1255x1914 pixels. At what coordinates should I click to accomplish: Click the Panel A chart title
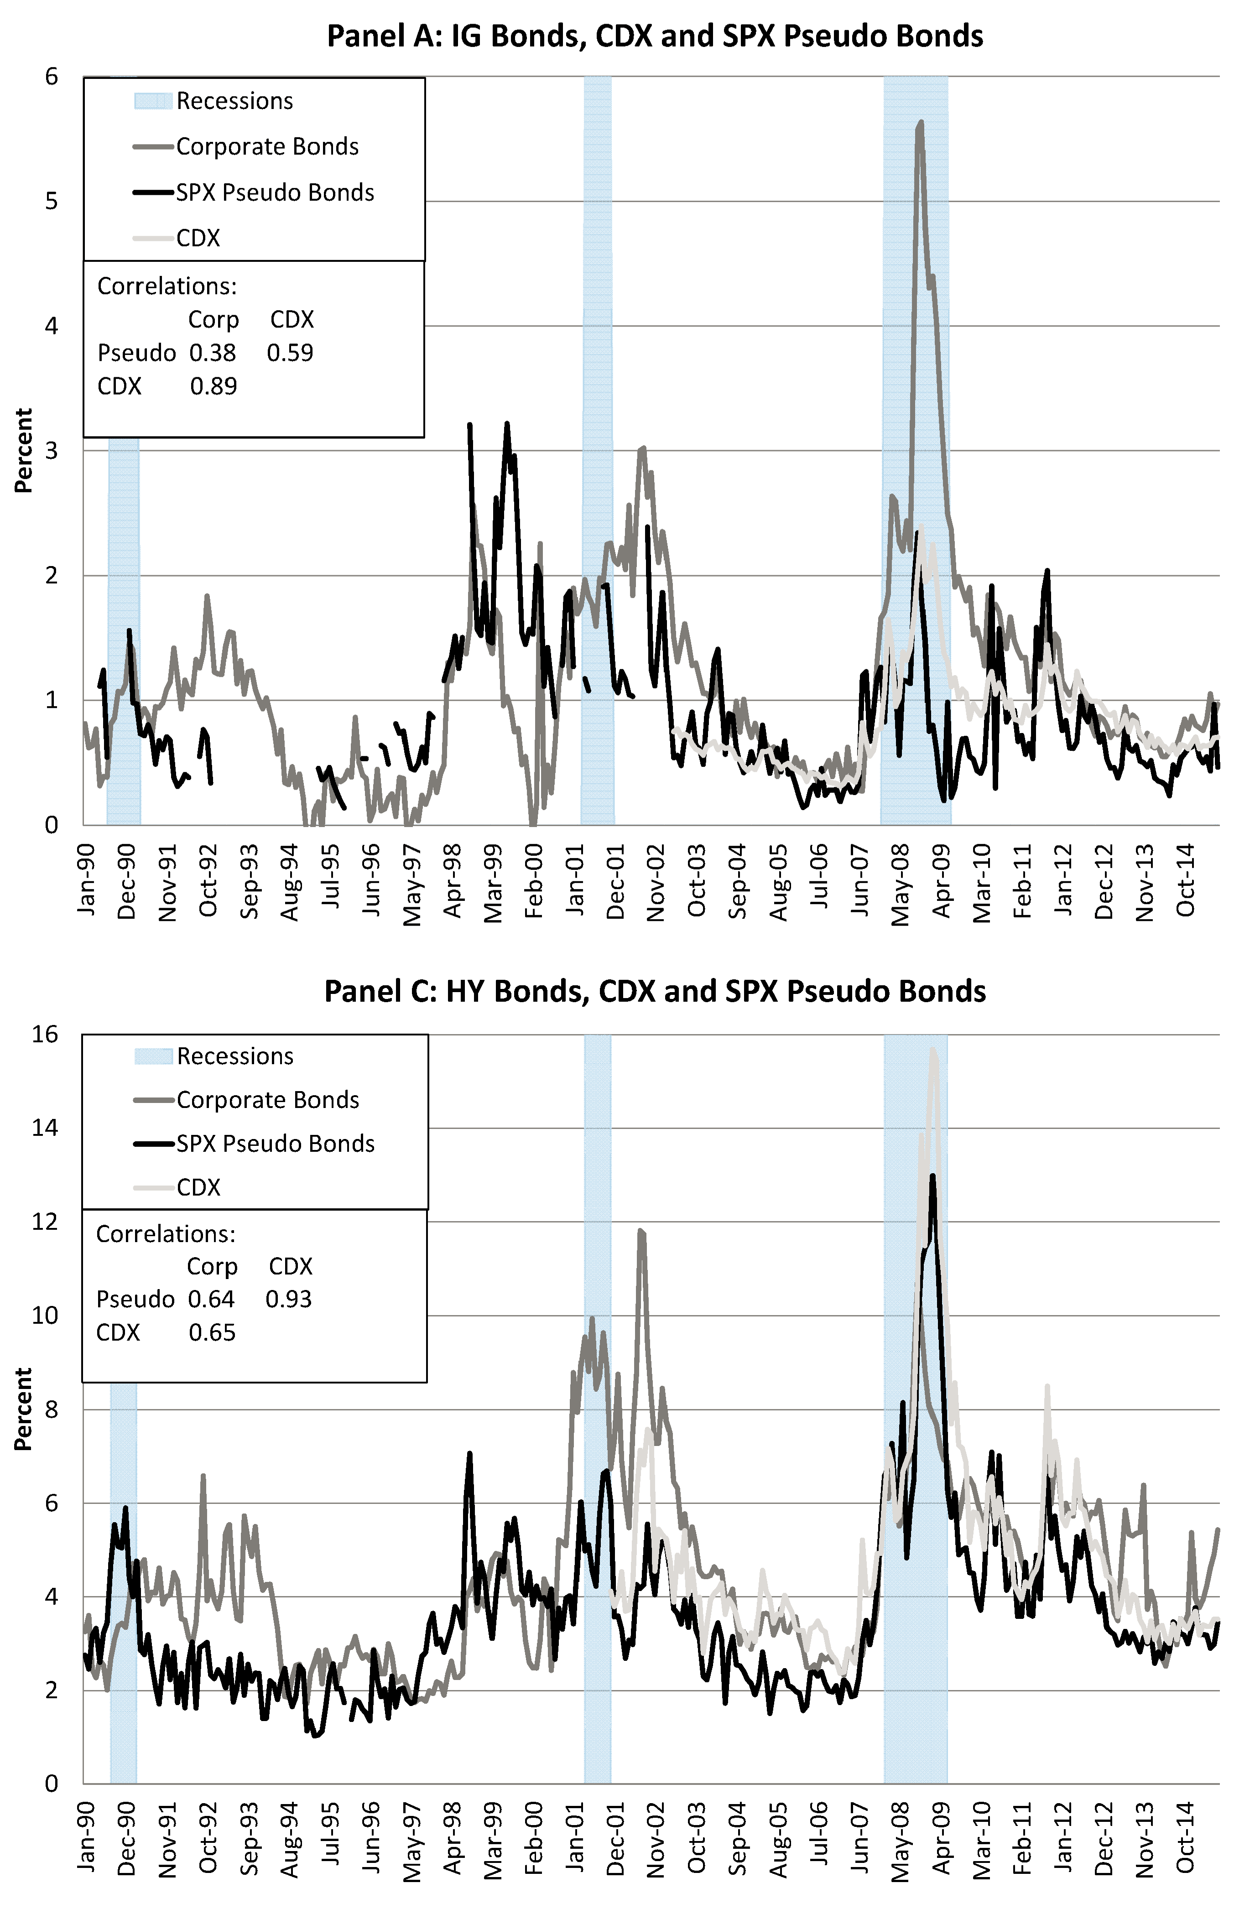654,36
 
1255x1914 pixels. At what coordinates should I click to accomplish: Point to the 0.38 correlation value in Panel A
213,353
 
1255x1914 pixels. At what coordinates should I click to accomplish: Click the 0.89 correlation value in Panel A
213,387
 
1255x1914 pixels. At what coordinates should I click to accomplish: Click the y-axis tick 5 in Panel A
52,201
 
